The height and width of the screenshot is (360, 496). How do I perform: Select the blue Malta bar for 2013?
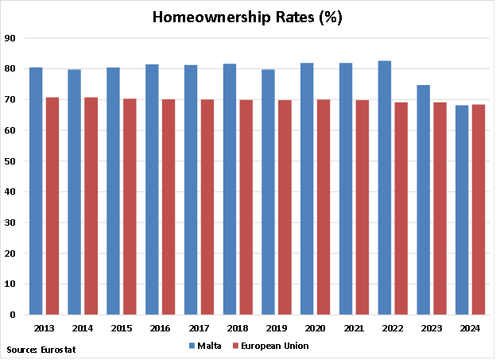point(36,191)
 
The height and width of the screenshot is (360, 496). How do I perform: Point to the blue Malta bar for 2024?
point(463,210)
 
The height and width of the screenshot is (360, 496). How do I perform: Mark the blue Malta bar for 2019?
point(269,192)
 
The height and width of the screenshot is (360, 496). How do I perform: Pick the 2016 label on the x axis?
point(160,327)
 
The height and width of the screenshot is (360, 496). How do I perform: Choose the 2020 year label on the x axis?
point(315,327)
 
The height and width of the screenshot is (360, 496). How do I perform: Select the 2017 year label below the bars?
point(199,327)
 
